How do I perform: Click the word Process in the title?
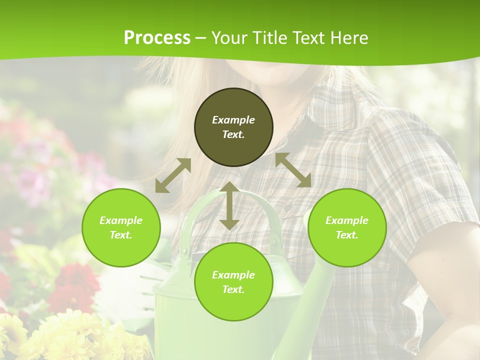coord(157,38)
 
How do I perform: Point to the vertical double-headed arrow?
coord(229,206)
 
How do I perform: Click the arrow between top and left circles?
coord(173,175)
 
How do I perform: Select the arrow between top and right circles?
coord(293,170)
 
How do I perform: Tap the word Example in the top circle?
coord(233,120)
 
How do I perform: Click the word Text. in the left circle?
coord(121,235)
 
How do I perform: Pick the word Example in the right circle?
coord(347,220)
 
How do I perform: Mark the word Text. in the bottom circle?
coord(233,289)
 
